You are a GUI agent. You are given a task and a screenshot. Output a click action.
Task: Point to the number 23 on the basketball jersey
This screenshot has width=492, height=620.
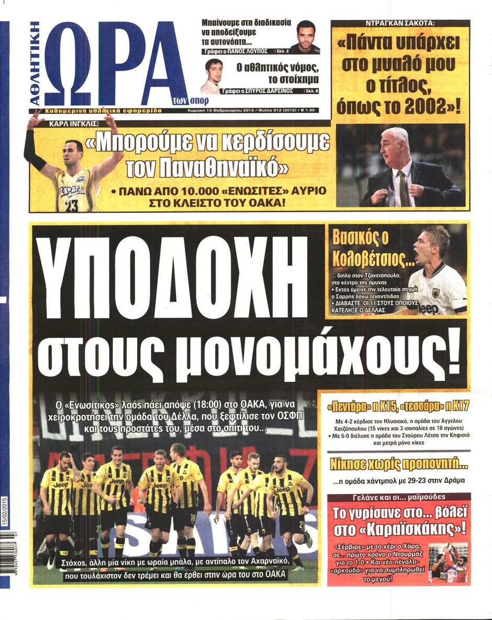point(72,205)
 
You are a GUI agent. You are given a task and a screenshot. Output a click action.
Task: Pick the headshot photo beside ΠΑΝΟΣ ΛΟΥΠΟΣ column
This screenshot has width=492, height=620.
point(306,37)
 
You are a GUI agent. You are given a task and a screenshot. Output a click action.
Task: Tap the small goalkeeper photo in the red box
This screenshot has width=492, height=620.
point(448,562)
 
